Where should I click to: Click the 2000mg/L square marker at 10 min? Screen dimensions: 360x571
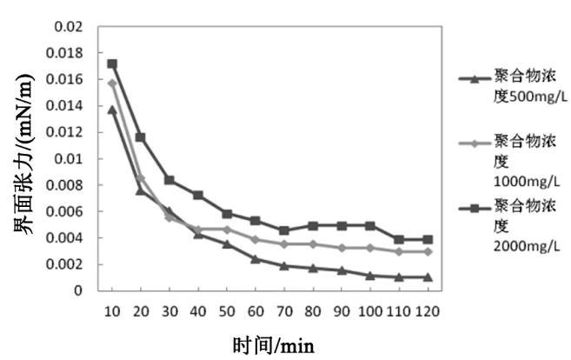click(x=112, y=63)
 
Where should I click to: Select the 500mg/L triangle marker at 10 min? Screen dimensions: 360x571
click(x=112, y=110)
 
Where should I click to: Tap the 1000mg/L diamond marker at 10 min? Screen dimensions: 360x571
click(x=112, y=83)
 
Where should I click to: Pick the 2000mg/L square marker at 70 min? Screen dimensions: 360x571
click(x=283, y=230)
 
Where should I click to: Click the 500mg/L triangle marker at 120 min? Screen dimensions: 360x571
click(x=425, y=277)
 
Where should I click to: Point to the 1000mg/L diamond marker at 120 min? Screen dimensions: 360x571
click(x=425, y=251)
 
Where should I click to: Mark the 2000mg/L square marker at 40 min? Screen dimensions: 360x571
click(x=198, y=195)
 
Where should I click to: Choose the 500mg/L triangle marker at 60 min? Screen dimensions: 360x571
click(x=255, y=258)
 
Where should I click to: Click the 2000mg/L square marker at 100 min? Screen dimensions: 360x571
click(x=368, y=225)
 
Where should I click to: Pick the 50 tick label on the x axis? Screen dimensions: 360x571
click(x=226, y=310)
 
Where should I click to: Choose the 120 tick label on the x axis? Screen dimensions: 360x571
click(x=425, y=310)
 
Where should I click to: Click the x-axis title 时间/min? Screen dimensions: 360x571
click(x=273, y=345)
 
